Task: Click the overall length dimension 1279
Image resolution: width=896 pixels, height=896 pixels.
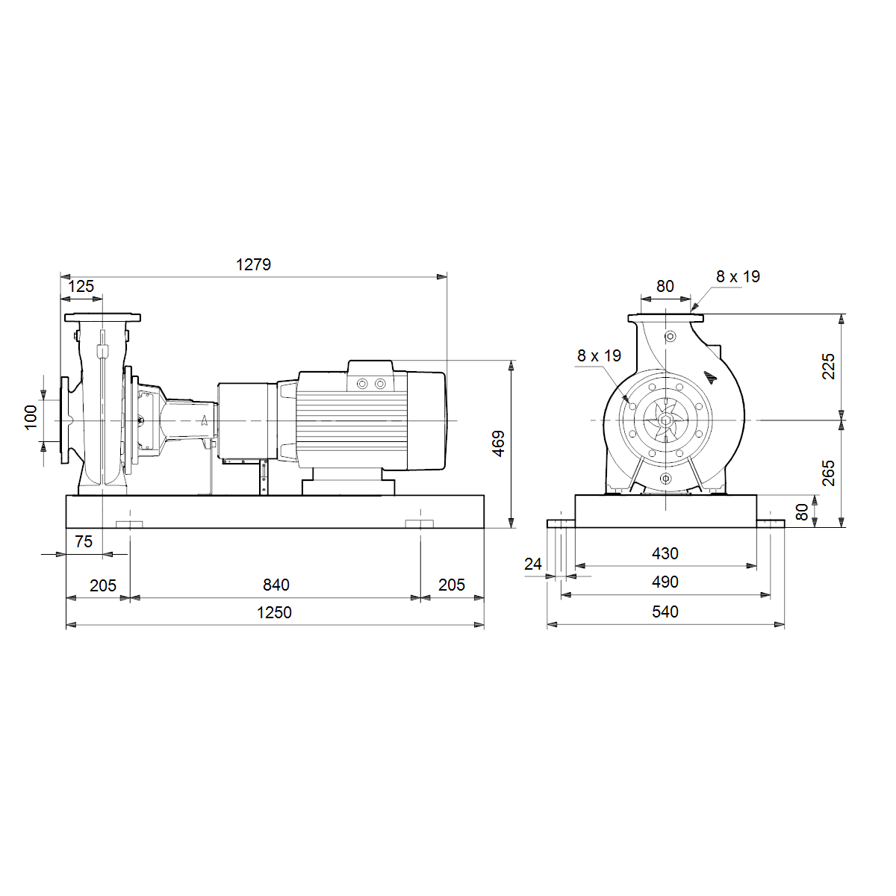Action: (x=253, y=264)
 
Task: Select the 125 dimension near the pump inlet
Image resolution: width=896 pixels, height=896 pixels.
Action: (x=81, y=287)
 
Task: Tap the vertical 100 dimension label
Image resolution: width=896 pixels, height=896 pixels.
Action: (x=31, y=417)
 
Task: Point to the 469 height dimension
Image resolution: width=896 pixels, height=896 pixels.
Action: (x=498, y=444)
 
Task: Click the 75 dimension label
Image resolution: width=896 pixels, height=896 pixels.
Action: (x=84, y=541)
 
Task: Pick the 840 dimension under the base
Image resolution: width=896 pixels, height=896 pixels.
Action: (x=276, y=585)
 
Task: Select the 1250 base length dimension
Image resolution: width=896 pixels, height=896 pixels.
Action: (x=274, y=613)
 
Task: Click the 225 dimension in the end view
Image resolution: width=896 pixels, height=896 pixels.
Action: (x=829, y=367)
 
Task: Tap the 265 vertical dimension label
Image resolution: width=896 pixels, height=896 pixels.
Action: (x=829, y=473)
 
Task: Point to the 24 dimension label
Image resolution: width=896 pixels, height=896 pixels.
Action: (x=533, y=564)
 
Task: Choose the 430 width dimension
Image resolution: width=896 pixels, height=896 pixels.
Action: (x=665, y=554)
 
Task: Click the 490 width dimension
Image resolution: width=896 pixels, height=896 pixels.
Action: (x=665, y=582)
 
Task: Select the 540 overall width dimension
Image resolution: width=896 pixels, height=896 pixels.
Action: (x=665, y=612)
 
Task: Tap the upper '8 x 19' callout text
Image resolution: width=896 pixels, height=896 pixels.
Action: (x=738, y=277)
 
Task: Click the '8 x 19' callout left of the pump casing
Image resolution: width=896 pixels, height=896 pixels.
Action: (x=599, y=355)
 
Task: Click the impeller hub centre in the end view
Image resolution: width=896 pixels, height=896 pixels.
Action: (x=665, y=420)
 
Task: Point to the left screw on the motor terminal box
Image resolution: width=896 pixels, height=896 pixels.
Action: (x=362, y=384)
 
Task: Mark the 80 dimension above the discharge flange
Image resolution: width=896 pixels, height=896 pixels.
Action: (x=665, y=287)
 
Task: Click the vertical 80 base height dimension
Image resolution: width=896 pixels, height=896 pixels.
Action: (x=802, y=512)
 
